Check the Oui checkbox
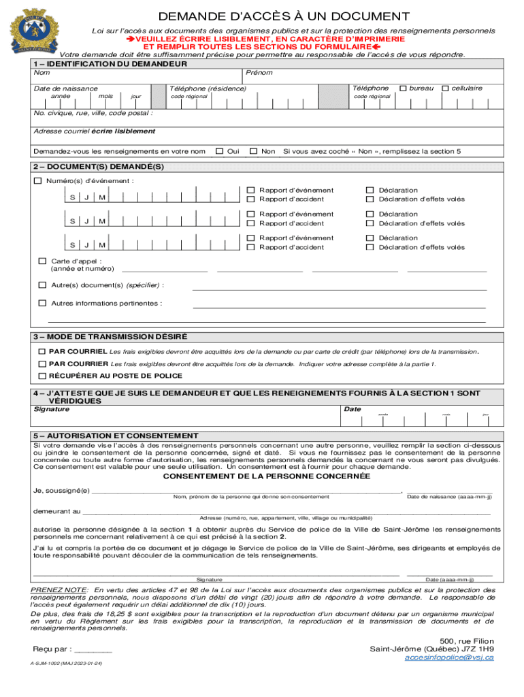click(x=219, y=151)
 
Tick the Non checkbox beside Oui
click(x=253, y=151)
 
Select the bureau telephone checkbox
click(x=403, y=88)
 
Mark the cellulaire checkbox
click(x=445, y=88)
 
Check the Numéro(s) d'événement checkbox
click(x=38, y=181)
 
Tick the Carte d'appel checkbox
click(x=43, y=261)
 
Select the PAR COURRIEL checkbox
click(x=42, y=352)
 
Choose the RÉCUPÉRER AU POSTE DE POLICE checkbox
click(x=42, y=376)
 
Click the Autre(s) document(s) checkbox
click(x=43, y=285)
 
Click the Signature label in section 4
click(x=52, y=410)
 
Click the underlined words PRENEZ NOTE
click(x=59, y=589)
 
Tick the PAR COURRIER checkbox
click(x=42, y=364)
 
